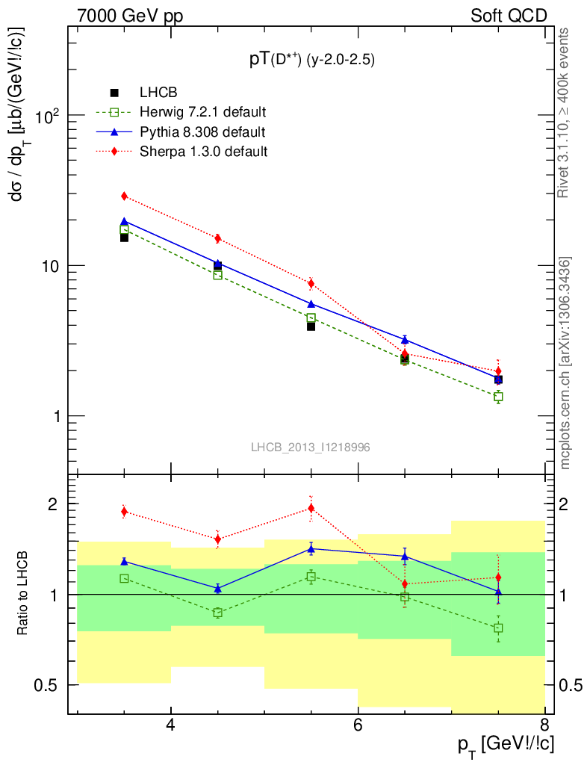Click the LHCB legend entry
[158, 93]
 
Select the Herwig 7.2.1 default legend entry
[202, 112]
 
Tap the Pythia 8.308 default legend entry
[202, 131]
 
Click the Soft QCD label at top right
[509, 16]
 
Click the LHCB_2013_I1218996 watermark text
[310, 447]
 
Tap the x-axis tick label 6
[358, 725]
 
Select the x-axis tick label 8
[544, 725]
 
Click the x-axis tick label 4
[171, 725]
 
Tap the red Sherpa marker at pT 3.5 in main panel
[125, 196]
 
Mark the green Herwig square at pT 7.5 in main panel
[498, 397]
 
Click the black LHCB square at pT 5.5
[311, 326]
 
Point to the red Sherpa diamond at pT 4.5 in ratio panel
[217, 539]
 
